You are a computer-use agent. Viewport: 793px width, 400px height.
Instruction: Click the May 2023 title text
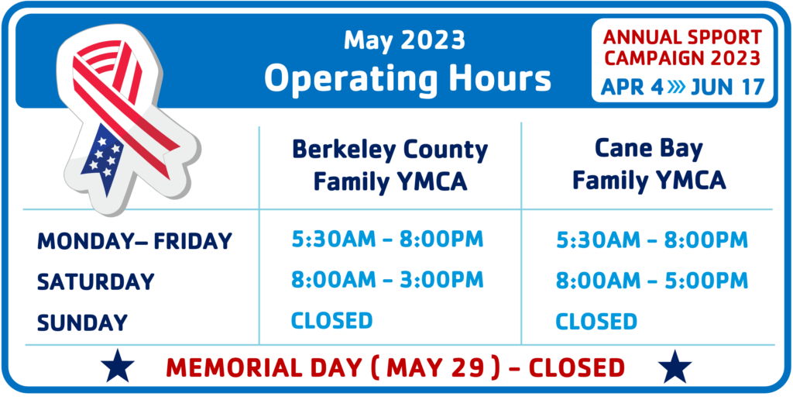coord(404,40)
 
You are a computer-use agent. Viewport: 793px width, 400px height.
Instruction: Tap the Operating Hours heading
coord(407,78)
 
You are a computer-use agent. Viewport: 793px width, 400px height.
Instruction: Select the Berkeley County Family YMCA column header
coord(390,166)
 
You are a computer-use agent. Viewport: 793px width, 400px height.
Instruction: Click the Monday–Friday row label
coord(135,241)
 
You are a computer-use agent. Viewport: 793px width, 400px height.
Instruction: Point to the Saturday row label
coord(95,282)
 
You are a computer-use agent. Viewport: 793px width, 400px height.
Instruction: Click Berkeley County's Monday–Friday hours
coord(387,240)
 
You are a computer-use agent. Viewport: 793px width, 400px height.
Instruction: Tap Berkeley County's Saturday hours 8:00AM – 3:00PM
coord(387,280)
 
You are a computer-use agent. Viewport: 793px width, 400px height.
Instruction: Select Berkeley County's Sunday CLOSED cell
coord(331,320)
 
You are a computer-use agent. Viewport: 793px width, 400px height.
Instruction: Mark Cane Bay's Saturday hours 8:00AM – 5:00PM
coord(652,281)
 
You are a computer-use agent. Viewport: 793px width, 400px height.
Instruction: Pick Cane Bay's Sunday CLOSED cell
coord(596,322)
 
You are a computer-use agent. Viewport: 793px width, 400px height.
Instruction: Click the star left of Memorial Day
coord(118,366)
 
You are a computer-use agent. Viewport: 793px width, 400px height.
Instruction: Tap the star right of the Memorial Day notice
coord(675,366)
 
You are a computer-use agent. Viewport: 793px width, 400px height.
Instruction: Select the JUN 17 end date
coord(727,87)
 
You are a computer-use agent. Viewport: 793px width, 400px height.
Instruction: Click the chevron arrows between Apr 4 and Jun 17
coord(676,87)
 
